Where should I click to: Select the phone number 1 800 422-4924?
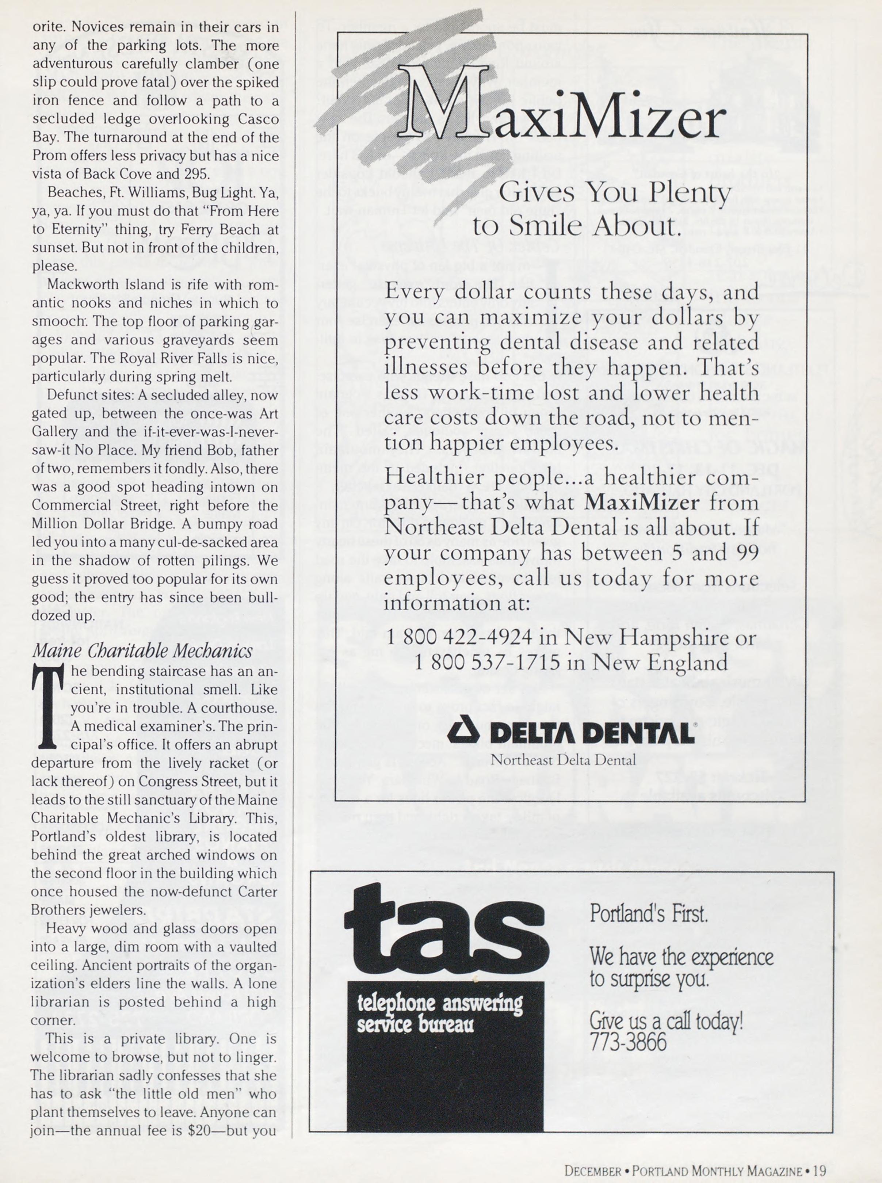point(459,637)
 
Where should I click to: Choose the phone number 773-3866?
point(628,1042)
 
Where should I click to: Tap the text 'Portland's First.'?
point(648,915)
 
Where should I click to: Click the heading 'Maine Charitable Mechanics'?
point(142,651)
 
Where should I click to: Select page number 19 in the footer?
point(820,1167)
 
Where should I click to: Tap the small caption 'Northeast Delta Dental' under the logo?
point(563,760)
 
